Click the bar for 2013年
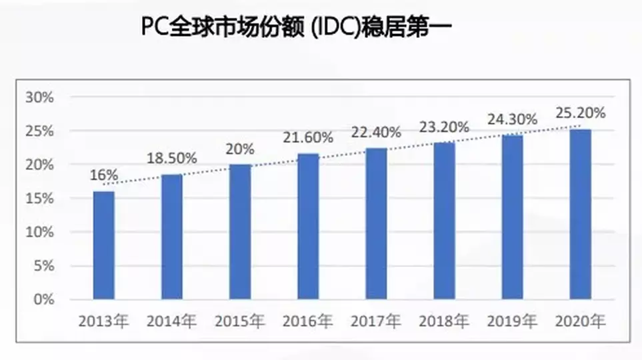[x=103, y=245]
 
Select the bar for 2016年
[x=308, y=226]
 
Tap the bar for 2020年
[x=580, y=214]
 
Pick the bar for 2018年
[x=444, y=221]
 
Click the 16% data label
[x=105, y=175]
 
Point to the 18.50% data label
[x=172, y=159]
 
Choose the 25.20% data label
[x=580, y=113]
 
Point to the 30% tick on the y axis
[x=39, y=97]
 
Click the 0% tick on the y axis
[x=43, y=300]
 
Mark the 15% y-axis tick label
[x=39, y=199]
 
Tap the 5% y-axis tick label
[x=43, y=266]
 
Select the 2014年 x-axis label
[x=171, y=322]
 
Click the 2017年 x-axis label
[x=376, y=322]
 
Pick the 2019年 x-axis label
[x=512, y=322]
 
